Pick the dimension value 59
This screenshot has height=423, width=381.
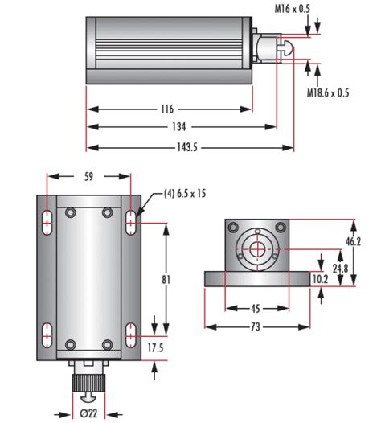pyautogui.click(x=89, y=176)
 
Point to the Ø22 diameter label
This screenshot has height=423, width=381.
pyautogui.click(x=89, y=414)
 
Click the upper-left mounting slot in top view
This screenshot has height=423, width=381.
pyautogui.click(x=47, y=221)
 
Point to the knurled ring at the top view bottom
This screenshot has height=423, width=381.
pyautogui.click(x=88, y=378)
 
